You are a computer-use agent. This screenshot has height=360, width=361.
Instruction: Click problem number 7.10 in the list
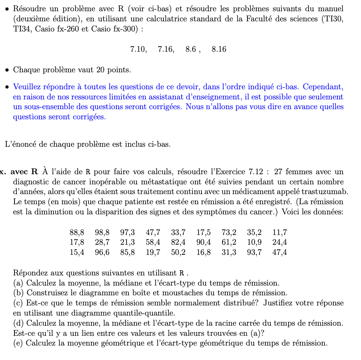138,50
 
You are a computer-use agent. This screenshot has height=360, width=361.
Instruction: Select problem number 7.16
166,50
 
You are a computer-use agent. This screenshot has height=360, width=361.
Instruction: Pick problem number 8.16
219,50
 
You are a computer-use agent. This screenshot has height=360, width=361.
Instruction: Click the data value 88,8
77,232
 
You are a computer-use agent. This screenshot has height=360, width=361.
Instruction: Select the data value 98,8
102,232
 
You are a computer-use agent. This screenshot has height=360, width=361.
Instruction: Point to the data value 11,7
280,232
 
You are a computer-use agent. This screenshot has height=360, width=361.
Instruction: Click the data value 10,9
254,242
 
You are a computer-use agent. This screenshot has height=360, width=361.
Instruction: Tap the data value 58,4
153,242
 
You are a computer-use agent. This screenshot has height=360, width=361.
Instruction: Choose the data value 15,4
77,252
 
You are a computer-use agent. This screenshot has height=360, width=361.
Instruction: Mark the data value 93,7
254,252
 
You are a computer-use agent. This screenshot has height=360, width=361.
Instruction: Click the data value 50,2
178,252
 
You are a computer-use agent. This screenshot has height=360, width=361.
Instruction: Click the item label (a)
18,283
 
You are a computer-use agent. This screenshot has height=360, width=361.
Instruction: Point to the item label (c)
18,303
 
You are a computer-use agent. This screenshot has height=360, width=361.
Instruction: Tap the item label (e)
18,343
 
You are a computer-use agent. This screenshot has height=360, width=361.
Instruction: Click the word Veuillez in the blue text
26,87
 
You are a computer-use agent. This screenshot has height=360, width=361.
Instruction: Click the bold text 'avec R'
24,172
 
